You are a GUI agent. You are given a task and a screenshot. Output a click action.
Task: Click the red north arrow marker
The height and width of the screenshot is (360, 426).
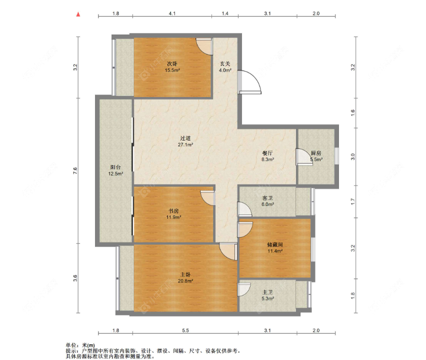coord(78,14)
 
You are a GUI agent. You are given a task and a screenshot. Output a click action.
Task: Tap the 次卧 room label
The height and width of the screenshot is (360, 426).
coord(172,64)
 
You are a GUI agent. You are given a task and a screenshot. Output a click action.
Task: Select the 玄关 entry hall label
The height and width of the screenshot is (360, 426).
coord(225,64)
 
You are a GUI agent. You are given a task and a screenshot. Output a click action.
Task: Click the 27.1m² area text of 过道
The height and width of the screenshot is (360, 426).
coord(185,145)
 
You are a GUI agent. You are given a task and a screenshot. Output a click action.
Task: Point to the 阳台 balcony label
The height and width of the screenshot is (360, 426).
coord(115,167)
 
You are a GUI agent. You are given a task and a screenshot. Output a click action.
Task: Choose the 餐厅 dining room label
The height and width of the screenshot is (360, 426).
coord(267,153)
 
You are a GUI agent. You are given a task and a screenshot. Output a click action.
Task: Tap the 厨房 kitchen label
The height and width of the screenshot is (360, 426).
coord(316,153)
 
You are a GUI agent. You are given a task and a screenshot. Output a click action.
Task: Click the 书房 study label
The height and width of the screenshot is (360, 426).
coord(173,211)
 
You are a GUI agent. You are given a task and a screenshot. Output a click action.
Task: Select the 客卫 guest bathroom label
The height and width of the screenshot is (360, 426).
coord(267,198)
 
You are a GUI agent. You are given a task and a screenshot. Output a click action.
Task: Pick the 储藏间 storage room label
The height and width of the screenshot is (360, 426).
coord(275,245)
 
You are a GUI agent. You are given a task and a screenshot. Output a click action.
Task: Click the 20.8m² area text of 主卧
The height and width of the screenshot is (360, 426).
coord(185,281)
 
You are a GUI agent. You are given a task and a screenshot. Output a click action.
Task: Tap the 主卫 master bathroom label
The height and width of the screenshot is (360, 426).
coord(267,292)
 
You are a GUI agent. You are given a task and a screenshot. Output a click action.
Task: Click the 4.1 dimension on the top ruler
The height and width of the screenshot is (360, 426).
coord(172,13)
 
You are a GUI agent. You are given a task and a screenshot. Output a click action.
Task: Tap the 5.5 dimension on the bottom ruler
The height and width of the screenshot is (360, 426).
coord(185,330)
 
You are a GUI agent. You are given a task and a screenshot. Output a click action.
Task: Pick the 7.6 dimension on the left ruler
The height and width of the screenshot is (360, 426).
coord(75,170)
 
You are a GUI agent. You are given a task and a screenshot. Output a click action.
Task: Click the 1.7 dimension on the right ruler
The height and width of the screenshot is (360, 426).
coord(352,201)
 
